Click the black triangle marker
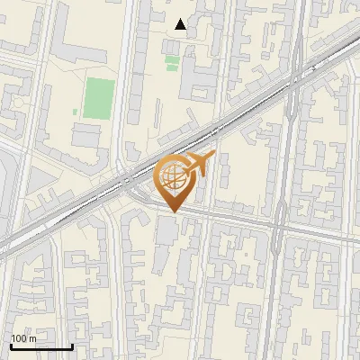point(181,25)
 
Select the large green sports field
point(99,98)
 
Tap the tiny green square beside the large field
point(75,112)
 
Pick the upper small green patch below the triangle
point(172,60)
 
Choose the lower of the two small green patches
point(172,68)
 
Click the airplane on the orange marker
point(199,165)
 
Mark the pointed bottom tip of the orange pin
point(172,212)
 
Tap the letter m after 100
point(33,339)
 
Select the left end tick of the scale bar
point(11,346)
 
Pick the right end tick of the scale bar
point(72,346)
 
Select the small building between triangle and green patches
point(173,43)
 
